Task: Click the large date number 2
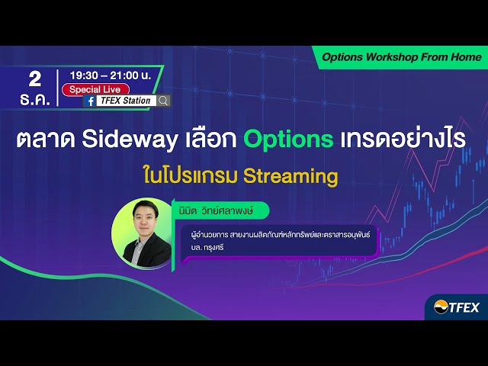[x=34, y=78]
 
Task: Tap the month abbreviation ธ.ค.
[x=34, y=100]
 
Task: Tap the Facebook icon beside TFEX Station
[x=91, y=101]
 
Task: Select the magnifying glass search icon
[x=163, y=101]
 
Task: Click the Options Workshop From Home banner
[x=401, y=57]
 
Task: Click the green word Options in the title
[x=288, y=140]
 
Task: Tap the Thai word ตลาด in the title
[x=47, y=140]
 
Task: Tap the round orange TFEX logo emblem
[x=441, y=307]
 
